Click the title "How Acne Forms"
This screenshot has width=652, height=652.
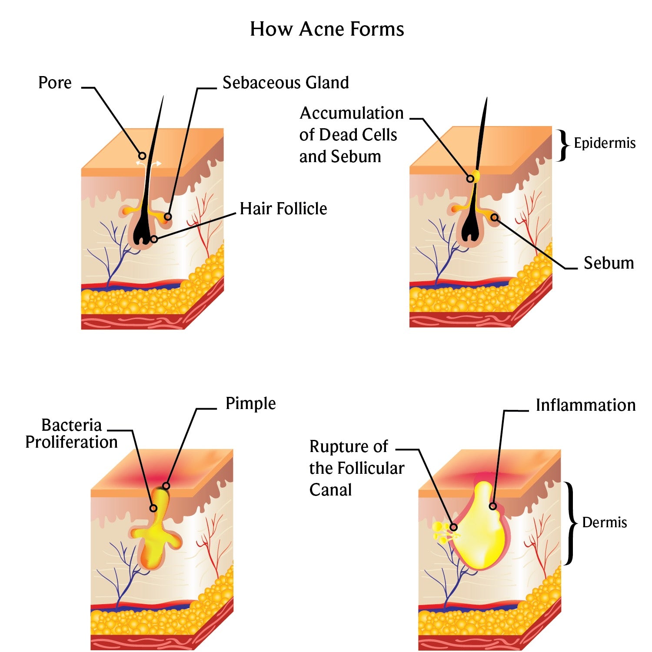pyautogui.click(x=327, y=29)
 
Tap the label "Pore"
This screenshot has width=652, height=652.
pyautogui.click(x=55, y=83)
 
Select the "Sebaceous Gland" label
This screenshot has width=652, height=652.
pyautogui.click(x=286, y=83)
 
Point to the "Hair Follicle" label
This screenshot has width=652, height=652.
pyautogui.click(x=283, y=209)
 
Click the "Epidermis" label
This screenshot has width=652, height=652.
pyautogui.click(x=604, y=143)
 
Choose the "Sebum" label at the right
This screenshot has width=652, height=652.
pyautogui.click(x=609, y=263)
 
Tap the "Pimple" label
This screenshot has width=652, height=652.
pyautogui.click(x=250, y=403)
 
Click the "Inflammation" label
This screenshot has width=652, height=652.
pyautogui.click(x=585, y=405)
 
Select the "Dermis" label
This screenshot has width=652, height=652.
pyautogui.click(x=604, y=522)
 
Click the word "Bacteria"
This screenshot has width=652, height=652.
pyautogui.click(x=71, y=425)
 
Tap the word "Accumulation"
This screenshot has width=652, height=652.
pyautogui.click(x=352, y=113)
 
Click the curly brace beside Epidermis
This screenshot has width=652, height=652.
pyautogui.click(x=563, y=145)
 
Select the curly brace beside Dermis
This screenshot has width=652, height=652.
pyautogui.click(x=571, y=523)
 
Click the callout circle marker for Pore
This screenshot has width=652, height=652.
pyautogui.click(x=142, y=156)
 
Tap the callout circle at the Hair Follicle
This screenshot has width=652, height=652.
pyautogui.click(x=154, y=239)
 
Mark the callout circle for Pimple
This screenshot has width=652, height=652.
pyautogui.click(x=166, y=486)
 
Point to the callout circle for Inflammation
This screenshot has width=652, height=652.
pyautogui.click(x=492, y=506)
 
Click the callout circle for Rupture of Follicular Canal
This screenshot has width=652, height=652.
pyautogui.click(x=454, y=527)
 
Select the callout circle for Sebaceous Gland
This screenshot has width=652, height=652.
pyautogui.click(x=168, y=216)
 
